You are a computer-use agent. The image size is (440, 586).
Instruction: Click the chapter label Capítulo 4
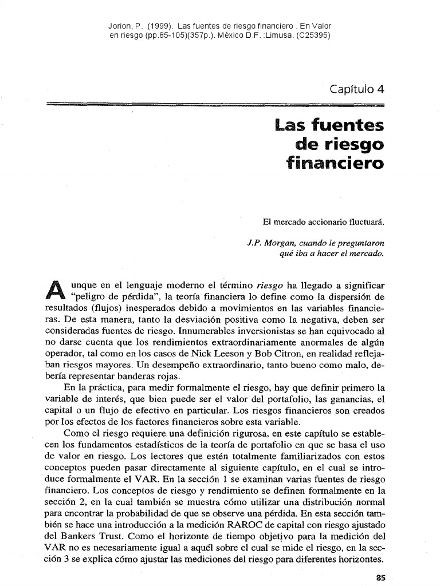[x=356, y=89]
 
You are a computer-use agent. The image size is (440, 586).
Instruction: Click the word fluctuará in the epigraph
[x=365, y=221]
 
